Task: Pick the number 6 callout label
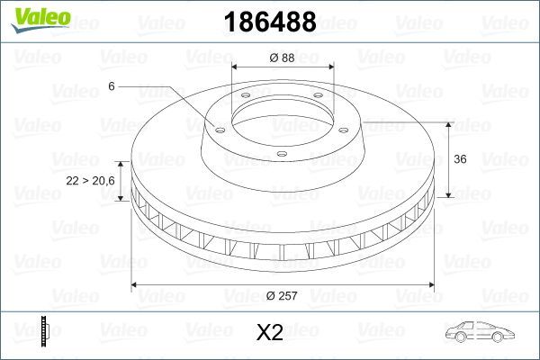[111, 85]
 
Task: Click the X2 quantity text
[270, 333]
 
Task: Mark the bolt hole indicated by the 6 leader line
[217, 126]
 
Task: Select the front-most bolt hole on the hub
[280, 155]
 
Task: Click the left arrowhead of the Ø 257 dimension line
[136, 285]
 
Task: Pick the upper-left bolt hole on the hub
[245, 99]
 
